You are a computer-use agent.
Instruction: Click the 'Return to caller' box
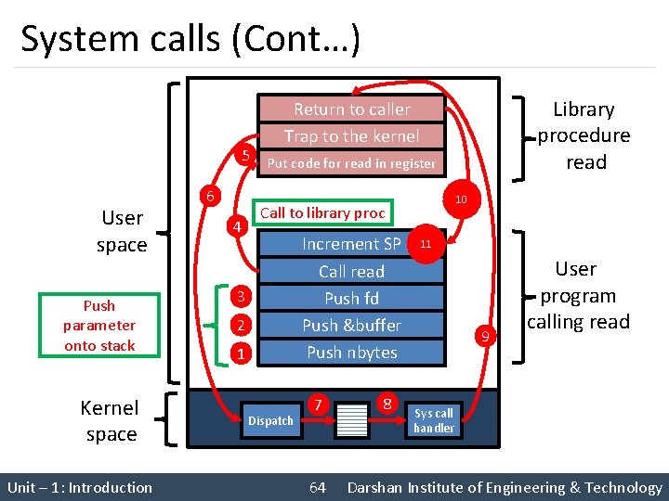click(x=351, y=109)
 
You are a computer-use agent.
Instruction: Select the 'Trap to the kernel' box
click(x=351, y=136)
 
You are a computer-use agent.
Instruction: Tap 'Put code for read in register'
click(x=351, y=163)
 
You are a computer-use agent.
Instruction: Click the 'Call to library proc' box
click(x=322, y=213)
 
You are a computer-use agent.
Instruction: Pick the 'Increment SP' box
click(x=351, y=244)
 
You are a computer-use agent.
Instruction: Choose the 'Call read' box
click(x=351, y=272)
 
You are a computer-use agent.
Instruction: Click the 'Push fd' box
click(x=351, y=299)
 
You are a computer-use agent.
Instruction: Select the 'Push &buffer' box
click(x=351, y=326)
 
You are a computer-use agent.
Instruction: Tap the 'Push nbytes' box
click(x=351, y=353)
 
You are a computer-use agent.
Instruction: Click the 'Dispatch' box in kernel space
click(x=271, y=421)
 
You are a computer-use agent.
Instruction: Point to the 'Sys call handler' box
click(x=434, y=420)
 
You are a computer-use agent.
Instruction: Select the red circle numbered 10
click(x=461, y=200)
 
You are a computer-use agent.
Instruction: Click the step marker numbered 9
click(x=482, y=335)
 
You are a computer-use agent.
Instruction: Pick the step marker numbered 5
click(x=243, y=156)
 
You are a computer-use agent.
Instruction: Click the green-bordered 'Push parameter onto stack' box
click(x=99, y=326)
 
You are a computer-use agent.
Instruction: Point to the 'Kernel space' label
click(x=111, y=421)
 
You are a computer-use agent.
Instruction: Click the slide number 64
click(x=318, y=488)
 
